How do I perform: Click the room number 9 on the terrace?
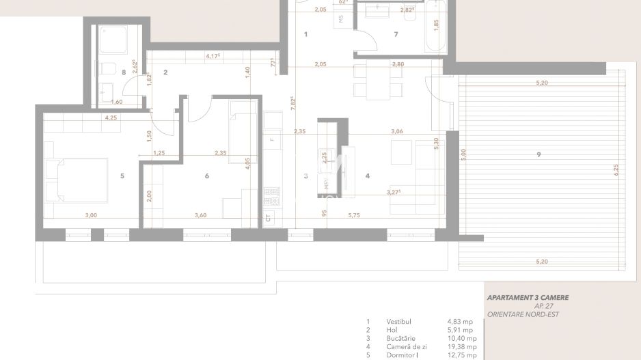[539, 155]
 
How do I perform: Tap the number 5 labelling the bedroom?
[122, 176]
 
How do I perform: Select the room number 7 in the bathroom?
[395, 33]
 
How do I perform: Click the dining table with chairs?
[377, 80]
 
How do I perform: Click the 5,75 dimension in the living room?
[354, 215]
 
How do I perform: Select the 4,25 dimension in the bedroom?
[111, 118]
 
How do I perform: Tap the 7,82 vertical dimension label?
[293, 103]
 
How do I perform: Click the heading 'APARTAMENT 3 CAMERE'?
[527, 298]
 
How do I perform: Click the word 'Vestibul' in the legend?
[398, 321]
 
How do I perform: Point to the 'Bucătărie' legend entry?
[400, 337]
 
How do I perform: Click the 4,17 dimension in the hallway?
[213, 56]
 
